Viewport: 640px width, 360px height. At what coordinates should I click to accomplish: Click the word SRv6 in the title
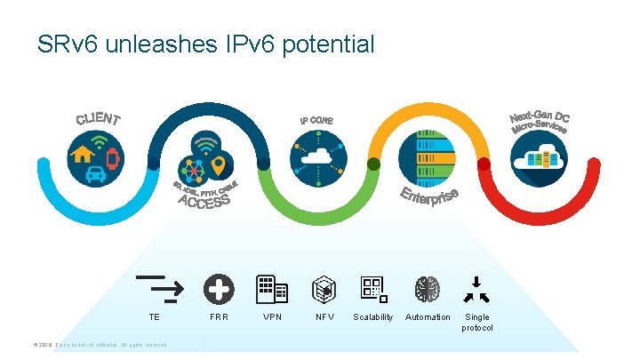(x=67, y=44)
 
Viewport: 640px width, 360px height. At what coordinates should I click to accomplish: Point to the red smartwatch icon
(x=113, y=158)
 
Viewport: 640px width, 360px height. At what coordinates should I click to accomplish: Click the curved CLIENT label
(x=98, y=118)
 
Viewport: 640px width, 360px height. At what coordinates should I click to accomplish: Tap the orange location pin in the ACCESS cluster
(x=218, y=165)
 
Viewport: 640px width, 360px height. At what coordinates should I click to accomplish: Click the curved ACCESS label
(x=204, y=201)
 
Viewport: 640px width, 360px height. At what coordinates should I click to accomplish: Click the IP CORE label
(x=316, y=120)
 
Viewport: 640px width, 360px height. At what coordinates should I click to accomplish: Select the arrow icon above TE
(x=159, y=285)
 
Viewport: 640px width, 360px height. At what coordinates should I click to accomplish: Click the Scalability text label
(x=372, y=317)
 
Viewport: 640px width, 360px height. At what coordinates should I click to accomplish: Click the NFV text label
(x=325, y=317)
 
